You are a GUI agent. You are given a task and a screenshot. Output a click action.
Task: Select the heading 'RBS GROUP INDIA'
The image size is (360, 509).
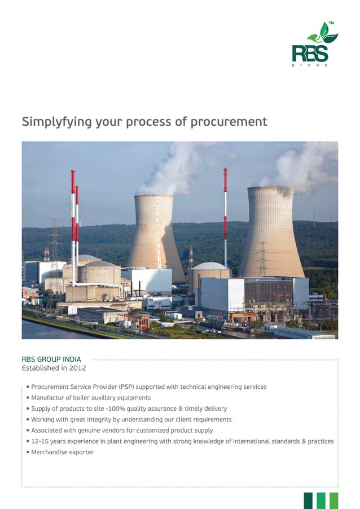pos(51,359)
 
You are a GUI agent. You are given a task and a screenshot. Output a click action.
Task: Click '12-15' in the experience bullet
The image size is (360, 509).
pos(40,441)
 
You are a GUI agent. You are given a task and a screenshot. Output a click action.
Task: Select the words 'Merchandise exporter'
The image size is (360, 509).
pos(62,453)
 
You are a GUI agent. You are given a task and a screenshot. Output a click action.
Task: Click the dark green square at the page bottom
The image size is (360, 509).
pos(308,500)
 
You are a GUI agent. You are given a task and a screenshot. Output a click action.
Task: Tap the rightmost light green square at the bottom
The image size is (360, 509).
pos(334,500)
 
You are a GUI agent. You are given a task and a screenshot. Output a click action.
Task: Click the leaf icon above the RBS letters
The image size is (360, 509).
pos(323,34)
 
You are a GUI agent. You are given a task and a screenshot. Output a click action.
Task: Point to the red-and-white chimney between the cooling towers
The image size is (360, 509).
pos(225,214)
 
